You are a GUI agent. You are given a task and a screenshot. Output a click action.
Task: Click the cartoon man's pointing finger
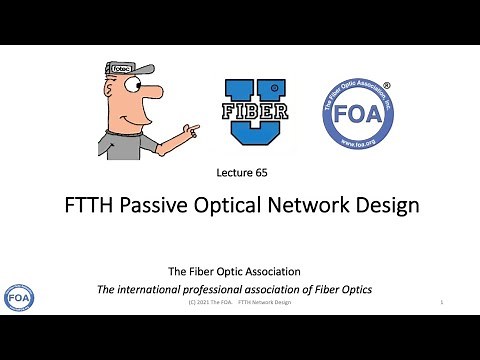194,128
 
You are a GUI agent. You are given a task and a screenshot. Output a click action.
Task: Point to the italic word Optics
352,289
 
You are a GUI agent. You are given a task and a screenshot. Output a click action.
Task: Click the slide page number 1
441,301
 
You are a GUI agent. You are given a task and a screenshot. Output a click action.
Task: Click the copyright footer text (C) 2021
206,301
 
